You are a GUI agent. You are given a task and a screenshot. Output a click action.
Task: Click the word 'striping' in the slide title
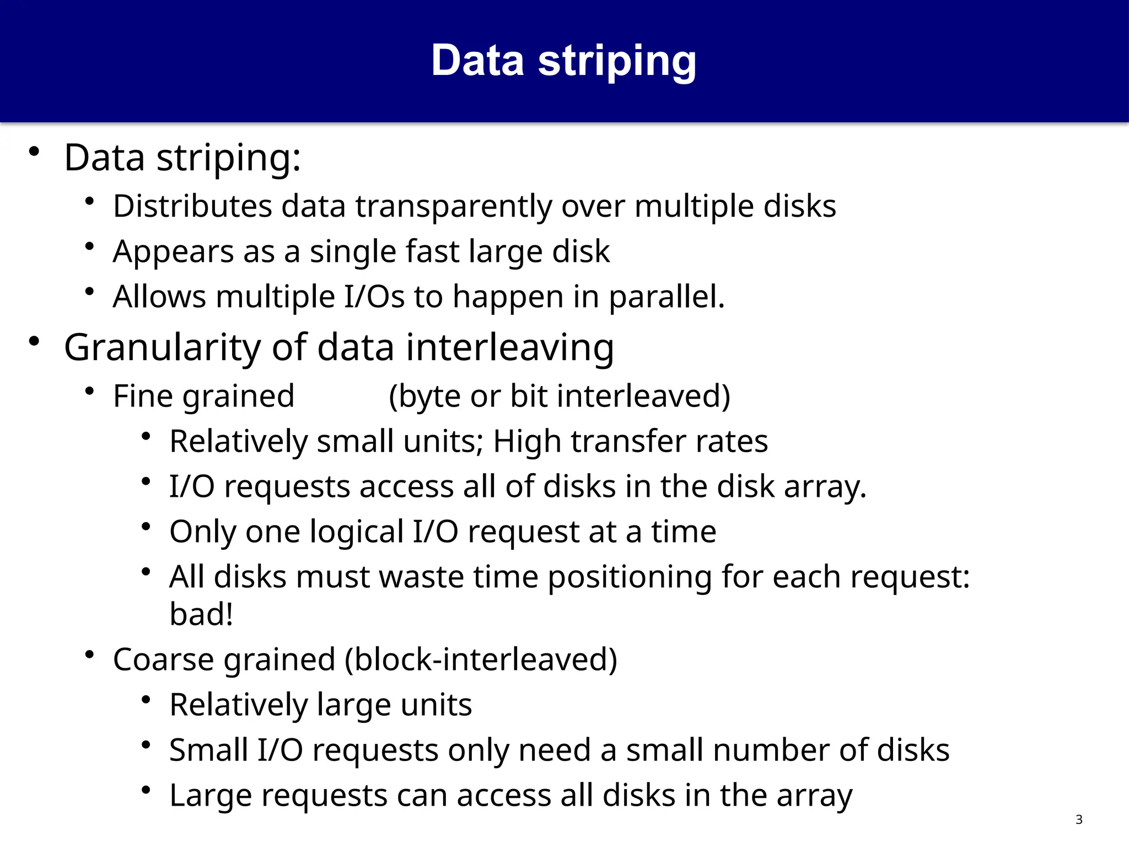click(x=617, y=61)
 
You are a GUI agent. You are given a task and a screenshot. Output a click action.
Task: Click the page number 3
click(x=1079, y=819)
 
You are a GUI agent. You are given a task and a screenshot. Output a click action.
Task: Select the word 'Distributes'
click(x=192, y=206)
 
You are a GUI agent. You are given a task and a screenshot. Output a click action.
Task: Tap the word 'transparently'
click(x=453, y=207)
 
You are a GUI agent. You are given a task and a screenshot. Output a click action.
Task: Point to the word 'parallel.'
click(x=666, y=297)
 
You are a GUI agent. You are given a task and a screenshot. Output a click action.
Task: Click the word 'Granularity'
click(x=162, y=348)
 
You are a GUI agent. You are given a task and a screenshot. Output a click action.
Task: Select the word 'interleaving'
click(x=510, y=348)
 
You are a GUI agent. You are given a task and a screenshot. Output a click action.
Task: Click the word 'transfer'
click(x=628, y=442)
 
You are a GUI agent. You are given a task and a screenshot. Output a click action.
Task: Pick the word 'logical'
click(x=357, y=532)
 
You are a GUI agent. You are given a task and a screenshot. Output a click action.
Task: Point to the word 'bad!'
click(x=201, y=614)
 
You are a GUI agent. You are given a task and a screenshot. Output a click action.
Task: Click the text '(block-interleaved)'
click(x=481, y=660)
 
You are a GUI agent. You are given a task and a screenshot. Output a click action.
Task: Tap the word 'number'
click(x=763, y=750)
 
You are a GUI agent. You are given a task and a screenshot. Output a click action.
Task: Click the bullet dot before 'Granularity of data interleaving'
click(x=34, y=341)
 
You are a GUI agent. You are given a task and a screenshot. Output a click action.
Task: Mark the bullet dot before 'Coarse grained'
click(x=89, y=655)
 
